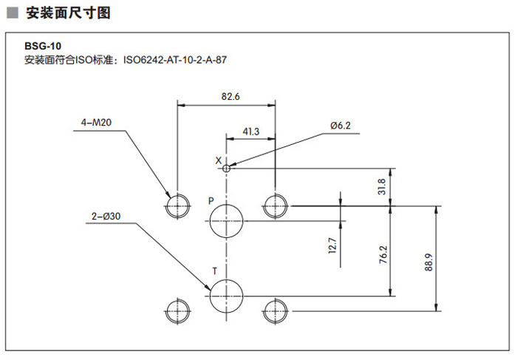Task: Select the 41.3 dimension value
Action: pyautogui.click(x=251, y=131)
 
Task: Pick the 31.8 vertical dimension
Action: pyautogui.click(x=401, y=185)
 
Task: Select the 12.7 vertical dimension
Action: pyautogui.click(x=332, y=245)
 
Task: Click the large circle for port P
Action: pyautogui.click(x=226, y=221)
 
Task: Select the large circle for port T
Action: pyautogui.click(x=226, y=296)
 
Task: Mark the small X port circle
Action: pyautogui.click(x=227, y=167)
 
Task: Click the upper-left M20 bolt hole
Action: pyautogui.click(x=177, y=205)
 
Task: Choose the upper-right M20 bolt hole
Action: pyautogui.click(x=275, y=205)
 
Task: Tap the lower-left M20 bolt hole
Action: pyautogui.click(x=177, y=310)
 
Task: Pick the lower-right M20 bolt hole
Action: pyautogui.click(x=275, y=310)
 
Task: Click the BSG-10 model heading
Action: pyautogui.click(x=43, y=45)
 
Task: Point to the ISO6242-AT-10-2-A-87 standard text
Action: pyautogui.click(x=174, y=60)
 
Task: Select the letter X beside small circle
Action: pyautogui.click(x=218, y=160)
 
